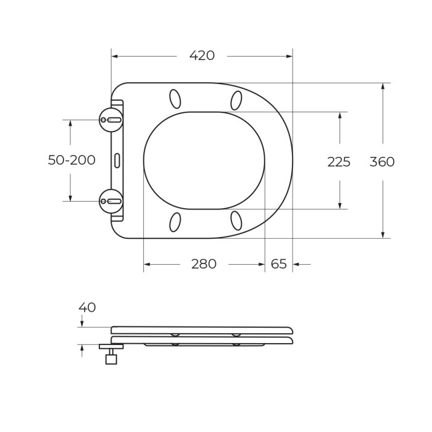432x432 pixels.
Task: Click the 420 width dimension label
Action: click(x=202, y=56)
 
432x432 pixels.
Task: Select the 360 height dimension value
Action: click(x=382, y=162)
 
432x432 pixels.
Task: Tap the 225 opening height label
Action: click(x=339, y=162)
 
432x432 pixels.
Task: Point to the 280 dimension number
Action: click(x=204, y=264)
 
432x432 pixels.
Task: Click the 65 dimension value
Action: click(x=279, y=264)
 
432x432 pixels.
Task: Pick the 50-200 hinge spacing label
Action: click(x=72, y=160)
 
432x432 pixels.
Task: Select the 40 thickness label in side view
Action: click(x=87, y=307)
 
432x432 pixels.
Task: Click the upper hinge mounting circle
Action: click(x=111, y=120)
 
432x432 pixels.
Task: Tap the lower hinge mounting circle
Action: click(x=111, y=201)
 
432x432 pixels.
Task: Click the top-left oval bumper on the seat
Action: click(x=175, y=99)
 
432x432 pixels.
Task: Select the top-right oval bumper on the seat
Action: click(x=236, y=99)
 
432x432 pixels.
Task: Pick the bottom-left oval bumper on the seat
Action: click(x=175, y=222)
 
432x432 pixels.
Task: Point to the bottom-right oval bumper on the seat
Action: click(x=236, y=220)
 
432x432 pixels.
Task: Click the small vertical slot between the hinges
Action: click(x=117, y=160)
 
